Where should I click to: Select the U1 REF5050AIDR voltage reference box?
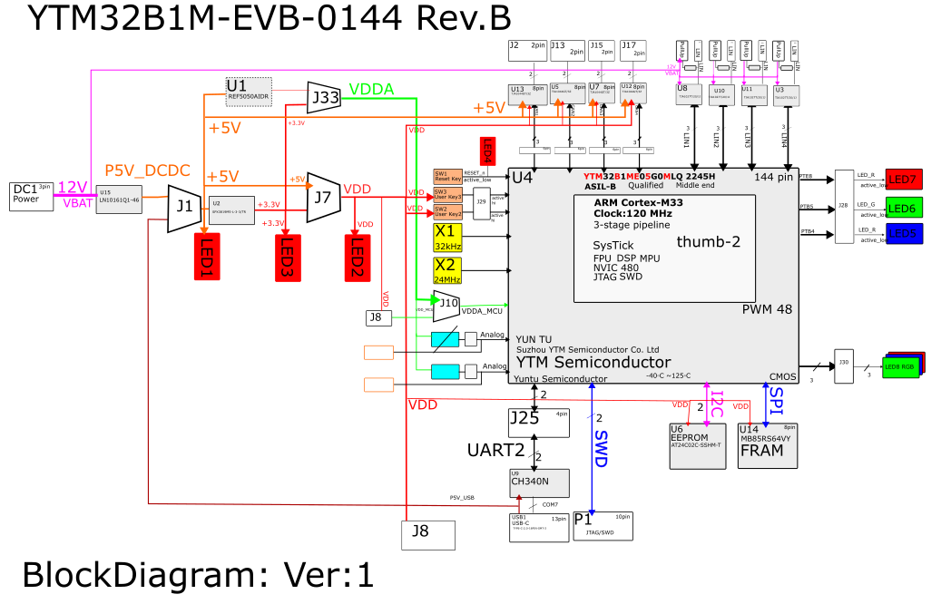click(248, 91)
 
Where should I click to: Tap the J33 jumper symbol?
click(324, 96)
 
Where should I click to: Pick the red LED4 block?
click(486, 151)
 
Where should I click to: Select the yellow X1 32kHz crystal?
click(447, 238)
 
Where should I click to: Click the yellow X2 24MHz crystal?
click(447, 270)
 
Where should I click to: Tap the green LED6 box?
click(904, 208)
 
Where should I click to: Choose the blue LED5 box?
click(904, 233)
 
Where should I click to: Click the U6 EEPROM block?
click(698, 445)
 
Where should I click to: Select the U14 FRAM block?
click(767, 445)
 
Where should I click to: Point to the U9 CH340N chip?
click(539, 482)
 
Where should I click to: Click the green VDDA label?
click(371, 89)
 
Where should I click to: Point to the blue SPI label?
click(776, 401)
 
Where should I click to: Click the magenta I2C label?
click(715, 401)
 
